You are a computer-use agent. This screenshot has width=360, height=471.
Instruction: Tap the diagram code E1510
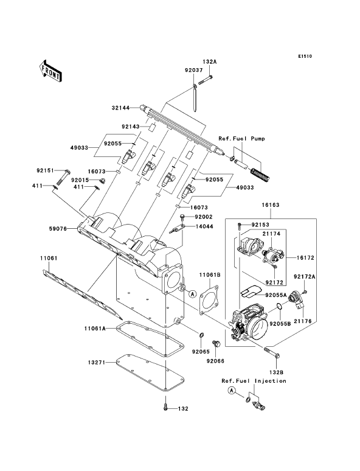(x=305, y=56)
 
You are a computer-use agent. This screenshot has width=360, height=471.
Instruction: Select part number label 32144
(x=120, y=108)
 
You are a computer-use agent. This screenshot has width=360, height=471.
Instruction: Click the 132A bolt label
(x=210, y=62)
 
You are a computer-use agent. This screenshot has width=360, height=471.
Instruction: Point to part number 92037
(x=193, y=70)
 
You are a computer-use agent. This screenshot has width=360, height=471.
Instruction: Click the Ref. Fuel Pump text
(x=241, y=139)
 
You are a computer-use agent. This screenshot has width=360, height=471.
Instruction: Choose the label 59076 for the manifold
(x=58, y=229)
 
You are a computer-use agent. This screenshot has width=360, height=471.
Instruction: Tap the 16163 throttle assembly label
(x=270, y=205)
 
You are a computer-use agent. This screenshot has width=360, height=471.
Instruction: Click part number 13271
(x=97, y=363)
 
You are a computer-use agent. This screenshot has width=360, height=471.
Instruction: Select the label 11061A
(x=95, y=329)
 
